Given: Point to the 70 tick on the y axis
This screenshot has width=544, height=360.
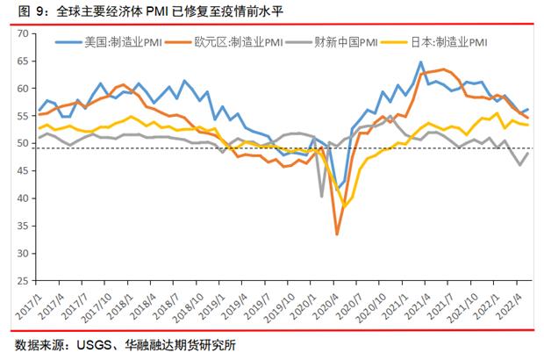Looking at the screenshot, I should pos(23,33).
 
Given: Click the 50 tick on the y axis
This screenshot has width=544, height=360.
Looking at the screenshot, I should pos(23,142).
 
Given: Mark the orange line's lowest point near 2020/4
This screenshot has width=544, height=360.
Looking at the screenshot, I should pos(337,234).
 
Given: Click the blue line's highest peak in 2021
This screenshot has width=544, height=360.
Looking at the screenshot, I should pos(421,62).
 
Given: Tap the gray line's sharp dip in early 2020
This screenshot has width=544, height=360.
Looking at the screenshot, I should pos(322,195).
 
